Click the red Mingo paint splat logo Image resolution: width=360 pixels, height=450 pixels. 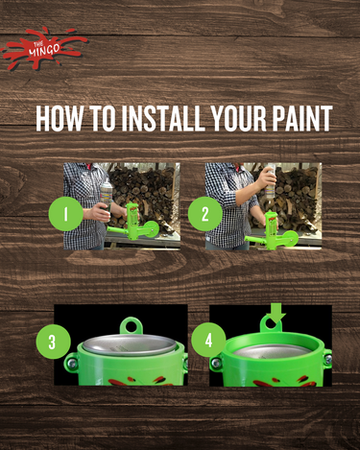[x=43, y=48]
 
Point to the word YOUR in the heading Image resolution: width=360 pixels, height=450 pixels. [x=234, y=118]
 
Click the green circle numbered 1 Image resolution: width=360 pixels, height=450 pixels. [x=66, y=214]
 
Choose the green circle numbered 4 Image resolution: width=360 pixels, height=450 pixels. [x=209, y=339]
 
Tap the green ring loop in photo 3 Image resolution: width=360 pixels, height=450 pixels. [x=131, y=326]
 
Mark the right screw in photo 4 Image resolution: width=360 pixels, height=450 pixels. [x=326, y=360]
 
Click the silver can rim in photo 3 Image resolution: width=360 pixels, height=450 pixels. [x=121, y=343]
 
